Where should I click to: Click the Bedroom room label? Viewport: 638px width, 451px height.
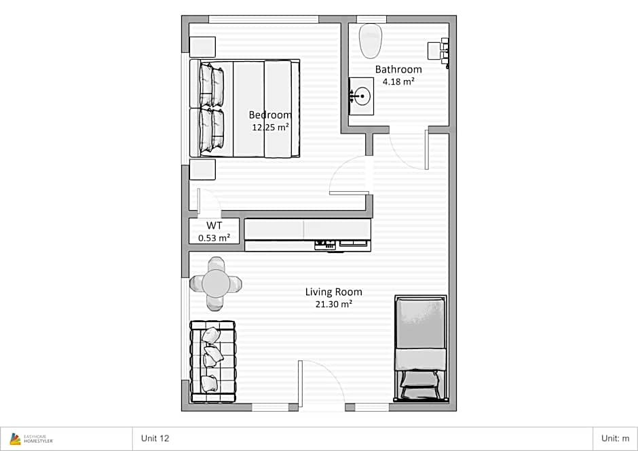point(270,115)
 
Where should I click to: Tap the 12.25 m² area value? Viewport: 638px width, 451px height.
point(270,128)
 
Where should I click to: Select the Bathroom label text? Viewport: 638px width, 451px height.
point(398,70)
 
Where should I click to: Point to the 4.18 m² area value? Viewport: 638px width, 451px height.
point(398,81)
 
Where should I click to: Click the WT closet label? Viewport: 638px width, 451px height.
point(214,226)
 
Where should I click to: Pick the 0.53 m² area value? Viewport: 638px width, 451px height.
point(214,238)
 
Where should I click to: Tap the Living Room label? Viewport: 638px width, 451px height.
point(334,292)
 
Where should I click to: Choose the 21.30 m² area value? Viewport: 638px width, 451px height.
point(334,304)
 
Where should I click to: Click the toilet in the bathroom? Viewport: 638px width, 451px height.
point(371,41)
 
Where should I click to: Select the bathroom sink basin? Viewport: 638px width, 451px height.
point(361,96)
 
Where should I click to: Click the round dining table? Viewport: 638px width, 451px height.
point(216,283)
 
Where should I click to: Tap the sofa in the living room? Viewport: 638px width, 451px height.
point(213,361)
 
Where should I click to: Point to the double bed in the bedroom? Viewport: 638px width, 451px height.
point(245,109)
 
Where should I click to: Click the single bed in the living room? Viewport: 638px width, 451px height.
point(421,349)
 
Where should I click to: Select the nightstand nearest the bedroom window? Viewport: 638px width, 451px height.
point(202,47)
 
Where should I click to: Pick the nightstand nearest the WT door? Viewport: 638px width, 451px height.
point(202,170)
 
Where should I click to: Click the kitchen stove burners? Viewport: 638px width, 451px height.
point(325,244)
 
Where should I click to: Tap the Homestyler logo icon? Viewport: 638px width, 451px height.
point(15,439)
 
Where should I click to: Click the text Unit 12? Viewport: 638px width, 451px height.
point(155,438)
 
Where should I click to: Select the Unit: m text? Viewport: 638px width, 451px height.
point(615,438)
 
